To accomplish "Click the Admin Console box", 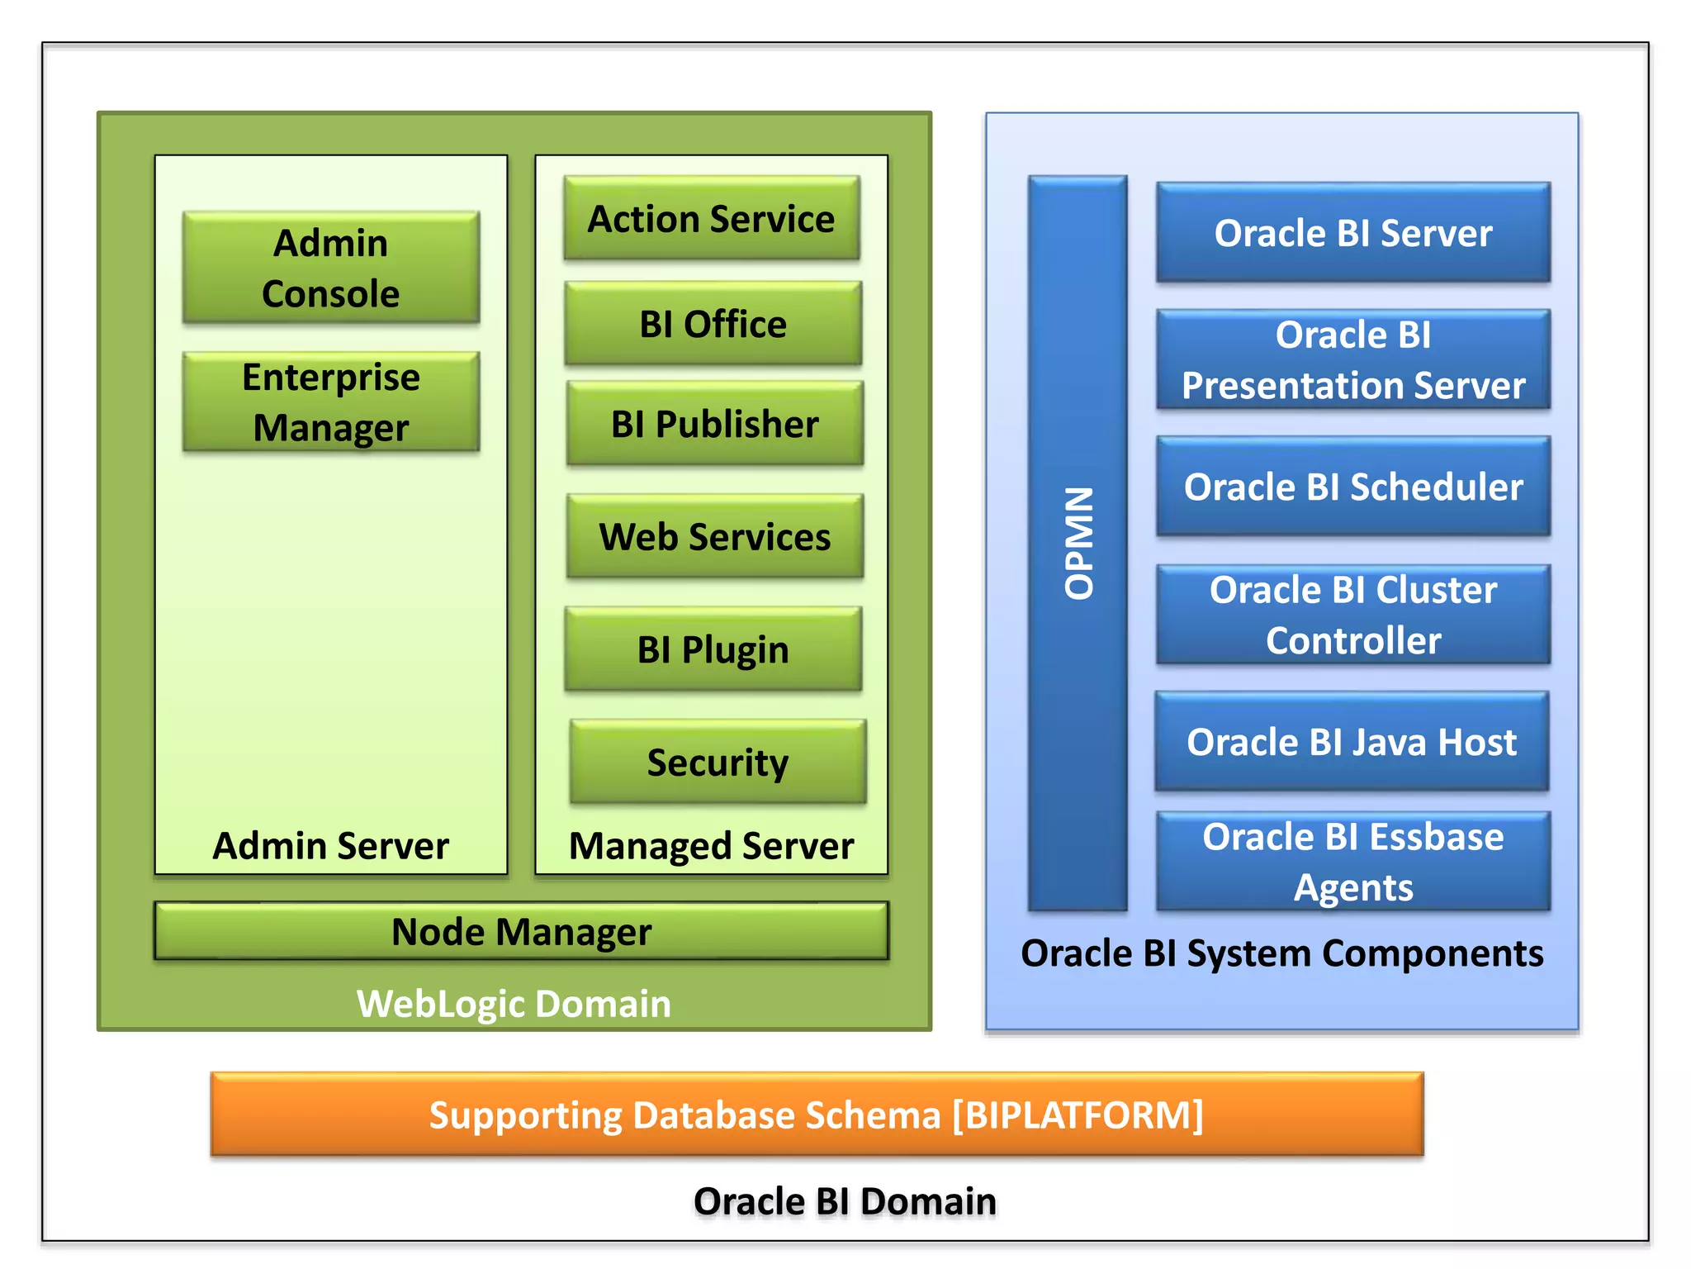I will coord(330,268).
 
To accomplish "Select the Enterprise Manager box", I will coord(330,402).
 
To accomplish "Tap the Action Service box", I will coord(711,219).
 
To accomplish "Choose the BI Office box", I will coord(713,324).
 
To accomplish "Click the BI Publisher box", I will coord(714,424).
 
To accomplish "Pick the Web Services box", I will coord(714,537).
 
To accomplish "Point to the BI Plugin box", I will coord(713,649).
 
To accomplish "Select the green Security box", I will coord(717,762).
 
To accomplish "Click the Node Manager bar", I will coord(521,931).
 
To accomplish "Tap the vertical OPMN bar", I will coord(1078,543).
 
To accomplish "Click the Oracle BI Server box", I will coord(1352,233).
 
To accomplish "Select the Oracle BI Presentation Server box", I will coord(1352,360).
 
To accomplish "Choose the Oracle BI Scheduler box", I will coord(1352,487).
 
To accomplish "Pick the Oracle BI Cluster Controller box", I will coord(1352,615).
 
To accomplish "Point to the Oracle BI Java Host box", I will coord(1351,742).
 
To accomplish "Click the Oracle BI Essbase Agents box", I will coord(1352,862).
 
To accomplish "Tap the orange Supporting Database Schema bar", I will coord(817,1115).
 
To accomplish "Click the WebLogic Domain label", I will coord(514,1004).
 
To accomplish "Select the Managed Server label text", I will coord(711,846).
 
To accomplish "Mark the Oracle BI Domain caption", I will coord(845,1201).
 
